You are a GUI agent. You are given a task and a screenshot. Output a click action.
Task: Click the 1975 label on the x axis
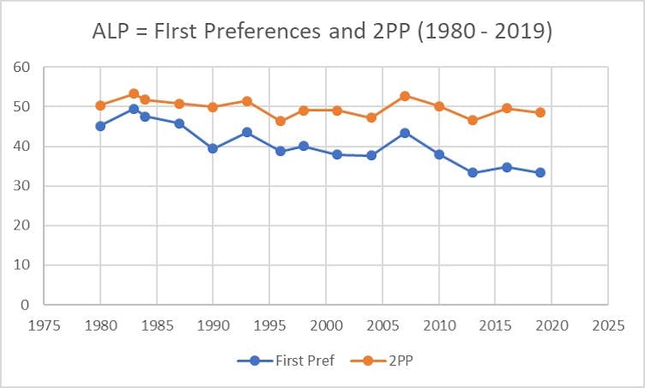click(x=44, y=326)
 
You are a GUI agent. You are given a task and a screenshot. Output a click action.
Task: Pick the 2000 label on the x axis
click(x=326, y=326)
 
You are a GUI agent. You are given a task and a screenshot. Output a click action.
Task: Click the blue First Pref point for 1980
click(x=100, y=126)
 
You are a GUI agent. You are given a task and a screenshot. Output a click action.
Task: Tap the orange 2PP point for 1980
click(x=100, y=105)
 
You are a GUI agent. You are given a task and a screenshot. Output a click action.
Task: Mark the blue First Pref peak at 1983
click(x=134, y=109)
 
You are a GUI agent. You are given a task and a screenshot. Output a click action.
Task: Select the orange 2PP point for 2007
click(x=405, y=96)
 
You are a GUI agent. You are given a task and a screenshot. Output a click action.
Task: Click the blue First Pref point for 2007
click(x=405, y=133)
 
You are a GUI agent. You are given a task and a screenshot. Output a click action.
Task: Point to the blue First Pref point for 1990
click(x=213, y=148)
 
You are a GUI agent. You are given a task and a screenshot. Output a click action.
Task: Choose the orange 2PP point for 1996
click(x=281, y=121)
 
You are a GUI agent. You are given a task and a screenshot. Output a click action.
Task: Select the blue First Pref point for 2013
click(x=472, y=172)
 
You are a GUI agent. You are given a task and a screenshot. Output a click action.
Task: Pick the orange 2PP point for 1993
click(x=246, y=101)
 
